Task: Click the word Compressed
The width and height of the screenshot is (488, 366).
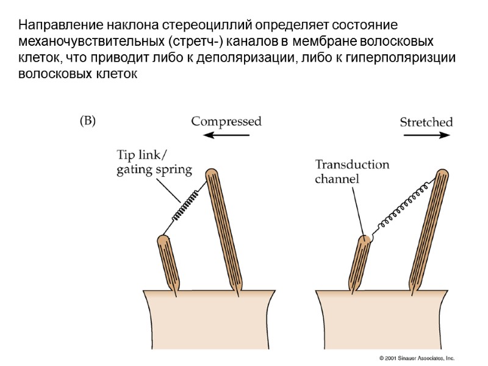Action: (x=226, y=121)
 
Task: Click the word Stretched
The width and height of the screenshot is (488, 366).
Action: (x=426, y=122)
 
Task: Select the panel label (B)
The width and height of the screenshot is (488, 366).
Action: (x=88, y=121)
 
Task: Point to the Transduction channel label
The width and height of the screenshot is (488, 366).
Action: (x=351, y=171)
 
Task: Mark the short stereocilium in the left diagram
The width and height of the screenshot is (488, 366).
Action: (x=168, y=262)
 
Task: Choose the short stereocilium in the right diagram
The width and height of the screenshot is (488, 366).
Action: (x=360, y=265)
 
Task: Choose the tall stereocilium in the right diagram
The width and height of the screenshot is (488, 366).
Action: (x=431, y=232)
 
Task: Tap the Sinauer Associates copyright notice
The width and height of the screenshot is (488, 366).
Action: (x=417, y=358)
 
